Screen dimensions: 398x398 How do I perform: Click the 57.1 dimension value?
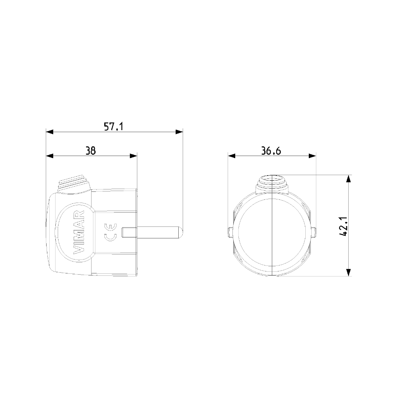(x=114, y=127)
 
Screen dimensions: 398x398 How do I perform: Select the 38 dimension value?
(x=91, y=151)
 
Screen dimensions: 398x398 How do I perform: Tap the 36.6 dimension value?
(x=271, y=151)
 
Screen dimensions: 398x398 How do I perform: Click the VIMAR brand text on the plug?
(x=79, y=232)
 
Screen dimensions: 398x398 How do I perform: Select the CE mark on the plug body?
(x=111, y=232)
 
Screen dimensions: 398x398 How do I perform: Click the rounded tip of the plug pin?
(x=180, y=232)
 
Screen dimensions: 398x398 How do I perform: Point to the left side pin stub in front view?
(x=230, y=232)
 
